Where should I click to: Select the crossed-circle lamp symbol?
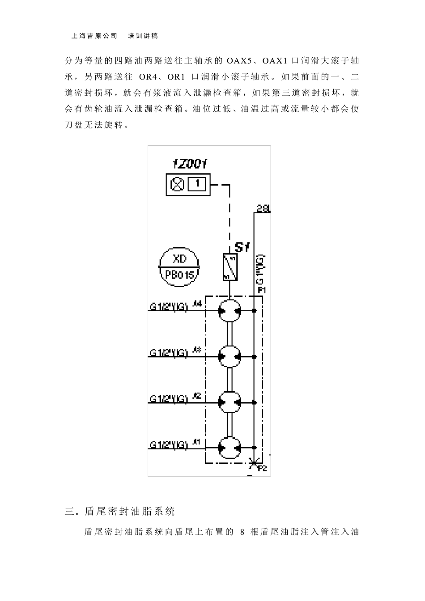178,184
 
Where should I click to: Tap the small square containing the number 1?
196,184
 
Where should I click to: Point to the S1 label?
242,247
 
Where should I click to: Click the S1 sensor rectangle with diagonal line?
229,267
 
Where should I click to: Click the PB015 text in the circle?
180,275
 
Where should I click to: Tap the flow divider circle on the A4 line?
229,310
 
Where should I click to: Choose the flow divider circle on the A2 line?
229,402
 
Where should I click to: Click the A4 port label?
197,304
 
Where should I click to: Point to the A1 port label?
197,442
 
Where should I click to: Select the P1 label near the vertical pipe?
262,290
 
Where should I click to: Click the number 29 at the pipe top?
263,208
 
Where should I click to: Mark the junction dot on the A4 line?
254,310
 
